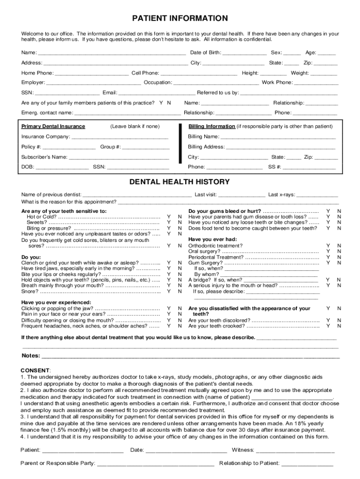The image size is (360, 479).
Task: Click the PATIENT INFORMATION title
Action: [180, 19]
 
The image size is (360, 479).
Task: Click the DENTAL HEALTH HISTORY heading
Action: [180, 181]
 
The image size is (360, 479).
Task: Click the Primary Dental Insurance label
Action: [53, 126]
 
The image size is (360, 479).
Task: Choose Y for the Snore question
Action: [168, 291]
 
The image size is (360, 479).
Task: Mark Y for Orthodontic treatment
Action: [328, 246]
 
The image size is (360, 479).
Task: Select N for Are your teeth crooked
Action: [339, 326]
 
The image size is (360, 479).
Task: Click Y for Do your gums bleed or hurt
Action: [328, 211]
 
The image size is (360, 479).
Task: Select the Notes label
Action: [31, 356]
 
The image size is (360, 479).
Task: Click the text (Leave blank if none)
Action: [135, 126]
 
